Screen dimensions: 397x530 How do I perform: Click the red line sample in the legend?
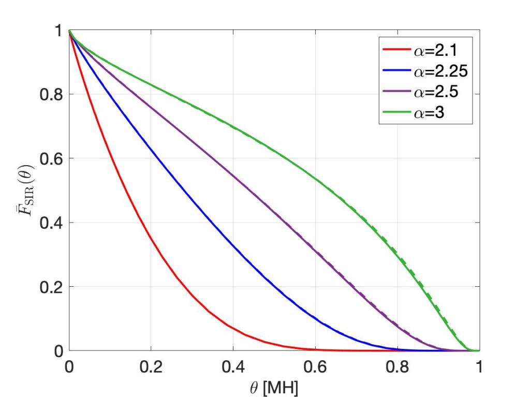click(396, 51)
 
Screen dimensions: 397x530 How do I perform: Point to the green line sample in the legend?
click(396, 113)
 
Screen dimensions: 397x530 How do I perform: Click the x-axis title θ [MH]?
click(274, 386)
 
